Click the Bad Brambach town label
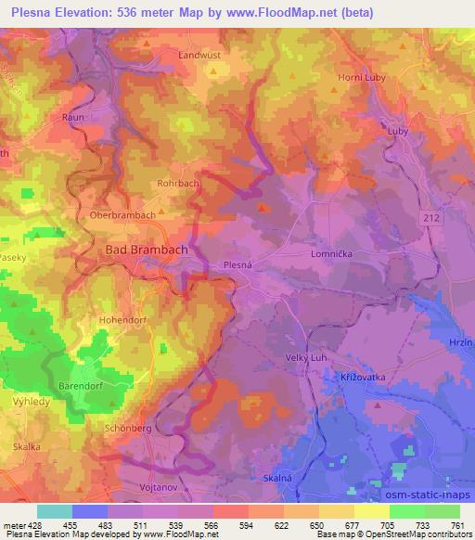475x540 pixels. point(141,250)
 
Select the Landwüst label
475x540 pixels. point(200,55)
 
